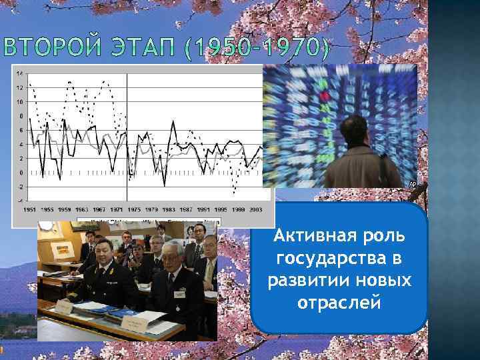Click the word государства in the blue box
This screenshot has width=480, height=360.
[x=340, y=260]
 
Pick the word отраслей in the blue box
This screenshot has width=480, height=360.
[x=340, y=302]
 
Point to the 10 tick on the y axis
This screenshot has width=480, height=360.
[x=20, y=101]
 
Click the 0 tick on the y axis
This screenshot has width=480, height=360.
[x=21, y=172]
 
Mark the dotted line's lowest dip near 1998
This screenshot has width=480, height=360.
[x=234, y=193]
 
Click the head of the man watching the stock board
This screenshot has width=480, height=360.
[x=354, y=131]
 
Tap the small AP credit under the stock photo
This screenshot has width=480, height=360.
[x=412, y=183]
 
